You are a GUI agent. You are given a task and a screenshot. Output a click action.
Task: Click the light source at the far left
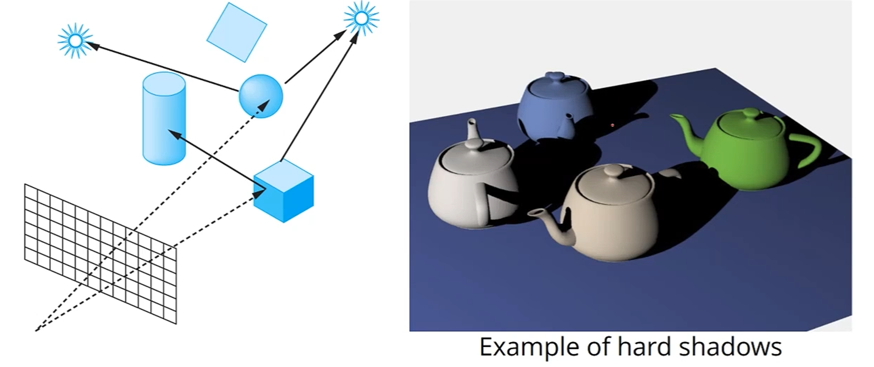[75, 40]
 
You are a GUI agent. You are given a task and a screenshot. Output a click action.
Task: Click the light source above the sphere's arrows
[361, 18]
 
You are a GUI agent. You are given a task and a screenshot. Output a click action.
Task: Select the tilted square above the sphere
[236, 32]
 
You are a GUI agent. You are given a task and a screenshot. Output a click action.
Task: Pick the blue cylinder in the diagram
[164, 119]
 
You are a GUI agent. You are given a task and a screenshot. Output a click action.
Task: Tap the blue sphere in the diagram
[261, 96]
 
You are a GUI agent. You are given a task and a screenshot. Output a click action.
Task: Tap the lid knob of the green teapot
[750, 113]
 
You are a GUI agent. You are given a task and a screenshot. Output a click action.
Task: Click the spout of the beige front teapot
[545, 222]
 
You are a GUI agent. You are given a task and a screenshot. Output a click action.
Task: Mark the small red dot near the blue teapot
[612, 125]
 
